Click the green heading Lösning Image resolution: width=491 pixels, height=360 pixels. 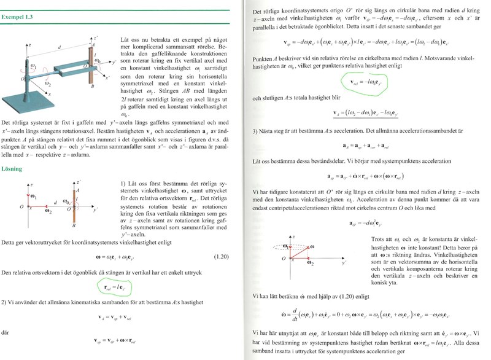[12, 168]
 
